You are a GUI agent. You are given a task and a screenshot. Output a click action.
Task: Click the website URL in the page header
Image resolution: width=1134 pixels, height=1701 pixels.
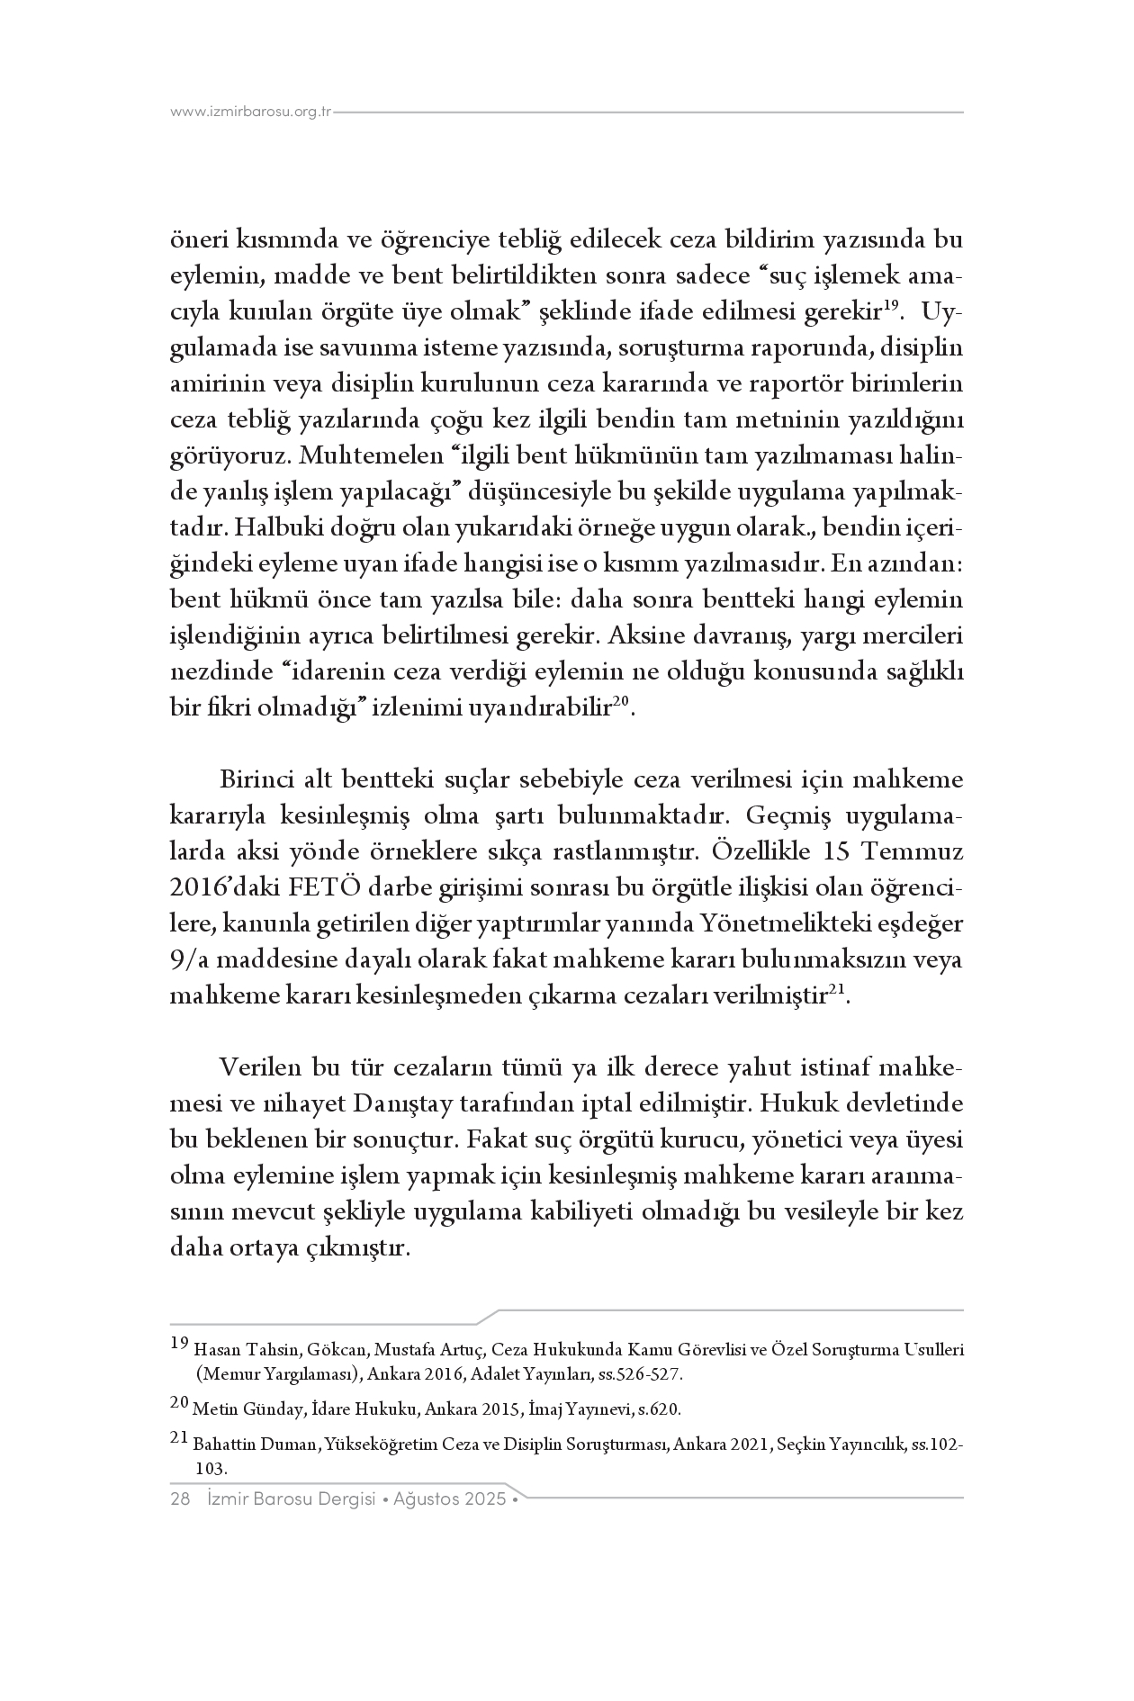(x=251, y=112)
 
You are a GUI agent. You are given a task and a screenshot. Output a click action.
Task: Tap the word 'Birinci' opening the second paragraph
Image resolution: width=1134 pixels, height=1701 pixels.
(x=255, y=780)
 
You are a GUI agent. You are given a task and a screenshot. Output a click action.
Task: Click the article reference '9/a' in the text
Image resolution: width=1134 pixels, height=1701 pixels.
(x=189, y=960)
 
